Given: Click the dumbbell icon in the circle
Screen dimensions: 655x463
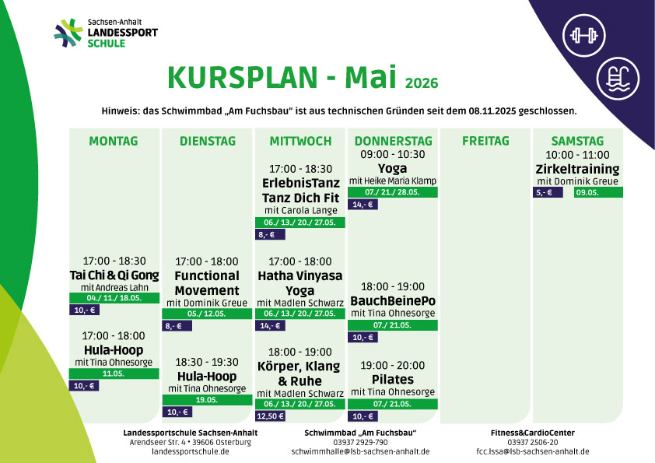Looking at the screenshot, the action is tap(583, 36).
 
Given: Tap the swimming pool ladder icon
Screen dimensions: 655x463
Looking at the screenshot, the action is tap(618, 78).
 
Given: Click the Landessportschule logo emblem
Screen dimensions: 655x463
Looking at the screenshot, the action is tap(68, 33).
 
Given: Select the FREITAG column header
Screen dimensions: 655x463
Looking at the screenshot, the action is tap(485, 141).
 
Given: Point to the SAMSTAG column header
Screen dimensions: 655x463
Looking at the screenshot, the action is tap(577, 141).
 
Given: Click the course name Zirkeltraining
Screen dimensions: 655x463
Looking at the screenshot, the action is tap(577, 169).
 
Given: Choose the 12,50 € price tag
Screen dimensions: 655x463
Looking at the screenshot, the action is tap(270, 416).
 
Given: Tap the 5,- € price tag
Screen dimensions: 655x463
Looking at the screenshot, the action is tap(548, 192).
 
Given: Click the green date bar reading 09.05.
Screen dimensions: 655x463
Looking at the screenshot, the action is tap(598, 192).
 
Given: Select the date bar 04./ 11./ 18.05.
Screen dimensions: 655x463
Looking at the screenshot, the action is tap(114, 298).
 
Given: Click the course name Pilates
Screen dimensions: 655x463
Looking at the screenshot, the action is tap(393, 380).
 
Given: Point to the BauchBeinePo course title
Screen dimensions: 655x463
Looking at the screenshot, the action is tap(393, 301).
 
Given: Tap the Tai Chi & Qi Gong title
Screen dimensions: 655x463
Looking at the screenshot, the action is tap(114, 275).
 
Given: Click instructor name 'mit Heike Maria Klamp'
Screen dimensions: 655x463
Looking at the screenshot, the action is tap(393, 181).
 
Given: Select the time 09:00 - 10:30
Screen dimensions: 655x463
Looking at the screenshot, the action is tap(393, 154).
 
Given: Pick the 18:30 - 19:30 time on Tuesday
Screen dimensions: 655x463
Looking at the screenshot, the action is tap(207, 362).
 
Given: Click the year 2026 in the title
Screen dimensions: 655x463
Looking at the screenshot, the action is tap(422, 82).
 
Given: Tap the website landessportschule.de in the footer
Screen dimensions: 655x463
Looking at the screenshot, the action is tap(190, 451).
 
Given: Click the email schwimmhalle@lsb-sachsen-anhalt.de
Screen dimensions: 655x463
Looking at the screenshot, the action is tap(360, 451).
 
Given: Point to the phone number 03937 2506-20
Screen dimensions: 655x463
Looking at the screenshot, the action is tap(533, 442).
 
